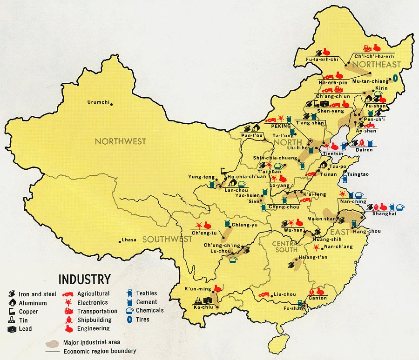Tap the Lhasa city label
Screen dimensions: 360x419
128,240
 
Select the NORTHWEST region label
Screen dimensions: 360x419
120,141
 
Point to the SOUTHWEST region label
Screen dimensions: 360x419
167,239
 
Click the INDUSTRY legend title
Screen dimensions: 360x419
84,279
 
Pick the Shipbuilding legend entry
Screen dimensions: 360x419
95,320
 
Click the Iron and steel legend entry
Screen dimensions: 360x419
37,294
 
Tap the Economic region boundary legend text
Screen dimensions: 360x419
100,351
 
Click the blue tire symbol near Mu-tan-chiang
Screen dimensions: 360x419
395,78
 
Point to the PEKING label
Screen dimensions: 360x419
281,126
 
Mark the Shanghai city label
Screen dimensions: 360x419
384,213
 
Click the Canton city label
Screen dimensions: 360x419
318,298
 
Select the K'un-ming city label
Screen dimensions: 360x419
199,289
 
